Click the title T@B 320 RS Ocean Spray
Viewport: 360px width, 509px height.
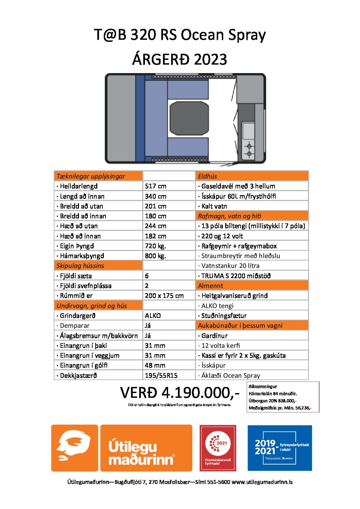pyautogui.click(x=180, y=35)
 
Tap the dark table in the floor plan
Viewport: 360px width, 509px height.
pyautogui.click(x=189, y=118)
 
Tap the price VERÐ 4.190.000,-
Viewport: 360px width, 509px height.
pyautogui.click(x=180, y=393)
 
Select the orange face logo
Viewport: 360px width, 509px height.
pyautogui.click(x=75, y=448)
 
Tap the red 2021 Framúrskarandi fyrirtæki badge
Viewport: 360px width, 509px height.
pyautogui.click(x=218, y=448)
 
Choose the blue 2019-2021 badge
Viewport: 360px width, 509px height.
pyautogui.click(x=280, y=448)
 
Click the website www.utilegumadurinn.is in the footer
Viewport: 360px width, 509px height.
pyautogui.click(x=262, y=482)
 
